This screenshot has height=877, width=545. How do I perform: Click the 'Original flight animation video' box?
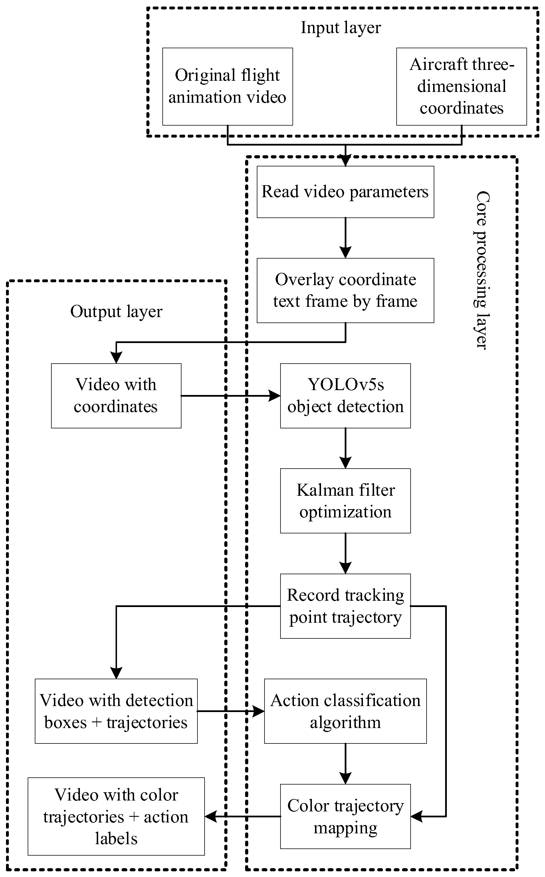click(x=227, y=86)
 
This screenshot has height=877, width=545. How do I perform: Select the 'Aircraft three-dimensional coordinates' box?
click(x=461, y=86)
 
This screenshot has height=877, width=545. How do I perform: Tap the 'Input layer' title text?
click(x=341, y=28)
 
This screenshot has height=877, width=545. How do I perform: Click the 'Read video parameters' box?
click(x=345, y=192)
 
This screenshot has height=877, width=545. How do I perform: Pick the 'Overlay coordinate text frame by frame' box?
click(x=345, y=290)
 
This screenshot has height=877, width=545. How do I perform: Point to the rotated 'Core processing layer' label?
click(x=482, y=270)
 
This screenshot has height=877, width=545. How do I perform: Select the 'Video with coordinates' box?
click(x=116, y=396)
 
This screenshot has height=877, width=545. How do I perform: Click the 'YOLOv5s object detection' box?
click(x=345, y=396)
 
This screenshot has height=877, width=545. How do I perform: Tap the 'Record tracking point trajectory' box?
click(x=345, y=606)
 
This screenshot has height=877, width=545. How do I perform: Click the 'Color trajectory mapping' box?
click(x=345, y=816)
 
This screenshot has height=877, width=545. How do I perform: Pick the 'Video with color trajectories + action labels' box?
click(x=116, y=816)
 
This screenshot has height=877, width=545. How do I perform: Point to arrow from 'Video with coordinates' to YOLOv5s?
click(x=231, y=396)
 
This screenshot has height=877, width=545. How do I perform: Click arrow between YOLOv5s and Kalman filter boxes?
click(x=345, y=449)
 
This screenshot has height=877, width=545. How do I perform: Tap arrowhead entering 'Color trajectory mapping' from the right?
click(x=416, y=816)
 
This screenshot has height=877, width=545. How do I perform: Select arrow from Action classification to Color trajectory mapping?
click(x=345, y=764)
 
